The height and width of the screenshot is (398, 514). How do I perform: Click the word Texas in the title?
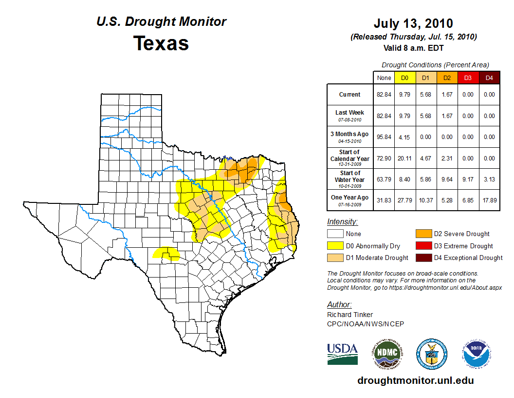click(x=161, y=43)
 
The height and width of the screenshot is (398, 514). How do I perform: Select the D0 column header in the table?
click(x=404, y=78)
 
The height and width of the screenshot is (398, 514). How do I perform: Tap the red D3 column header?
click(x=468, y=78)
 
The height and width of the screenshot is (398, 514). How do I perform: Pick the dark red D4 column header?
click(x=489, y=78)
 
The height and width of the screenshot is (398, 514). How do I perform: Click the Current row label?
click(x=350, y=95)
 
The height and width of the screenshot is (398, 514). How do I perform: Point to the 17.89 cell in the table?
click(x=489, y=200)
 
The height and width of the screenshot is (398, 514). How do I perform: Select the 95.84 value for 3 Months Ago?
click(x=384, y=137)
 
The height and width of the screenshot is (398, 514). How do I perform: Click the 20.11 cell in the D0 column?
click(x=404, y=158)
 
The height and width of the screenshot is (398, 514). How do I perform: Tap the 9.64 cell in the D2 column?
click(x=447, y=179)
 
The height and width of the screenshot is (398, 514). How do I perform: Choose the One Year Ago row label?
click(x=350, y=198)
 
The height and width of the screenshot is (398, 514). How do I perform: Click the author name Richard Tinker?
click(x=350, y=315)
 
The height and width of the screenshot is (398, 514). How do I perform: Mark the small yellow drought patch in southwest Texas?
click(x=165, y=253)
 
